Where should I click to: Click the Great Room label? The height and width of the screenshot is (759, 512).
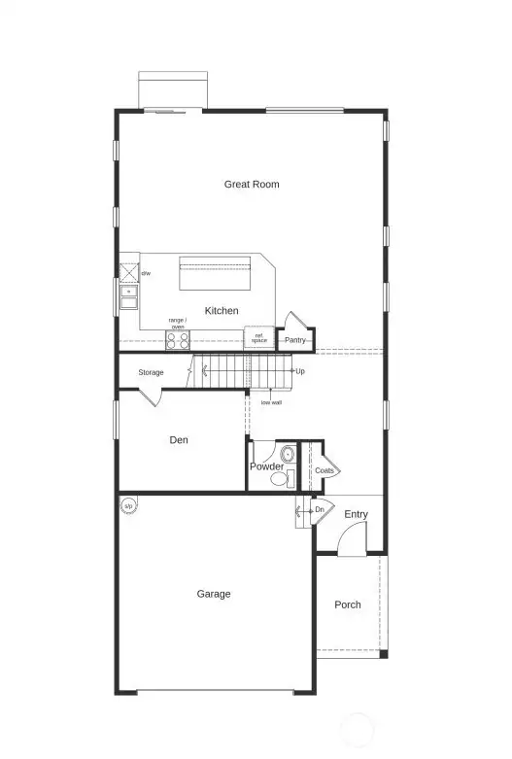click(x=252, y=184)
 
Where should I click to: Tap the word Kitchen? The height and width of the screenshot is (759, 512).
click(x=222, y=311)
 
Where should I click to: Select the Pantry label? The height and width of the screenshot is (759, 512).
click(x=295, y=340)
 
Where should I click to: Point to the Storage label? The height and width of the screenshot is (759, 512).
click(x=151, y=372)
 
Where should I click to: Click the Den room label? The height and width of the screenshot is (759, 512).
click(x=179, y=440)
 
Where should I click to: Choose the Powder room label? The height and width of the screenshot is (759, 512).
click(x=266, y=466)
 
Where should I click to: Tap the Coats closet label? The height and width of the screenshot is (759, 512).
click(x=324, y=470)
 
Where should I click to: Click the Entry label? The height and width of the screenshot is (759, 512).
click(x=356, y=514)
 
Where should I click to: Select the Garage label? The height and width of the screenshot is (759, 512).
click(x=214, y=594)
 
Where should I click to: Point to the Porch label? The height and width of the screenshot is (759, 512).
click(x=348, y=604)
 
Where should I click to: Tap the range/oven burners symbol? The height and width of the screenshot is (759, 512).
click(x=178, y=340)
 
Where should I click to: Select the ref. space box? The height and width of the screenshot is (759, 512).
click(x=258, y=338)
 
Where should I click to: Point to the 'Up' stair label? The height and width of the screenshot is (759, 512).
click(x=300, y=371)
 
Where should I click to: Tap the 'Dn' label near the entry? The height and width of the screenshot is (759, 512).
click(x=319, y=509)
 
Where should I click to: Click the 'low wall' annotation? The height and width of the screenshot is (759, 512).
click(x=271, y=401)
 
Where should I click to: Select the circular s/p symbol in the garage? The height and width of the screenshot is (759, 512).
click(x=127, y=505)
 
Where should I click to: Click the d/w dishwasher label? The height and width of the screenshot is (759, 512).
click(x=146, y=274)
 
